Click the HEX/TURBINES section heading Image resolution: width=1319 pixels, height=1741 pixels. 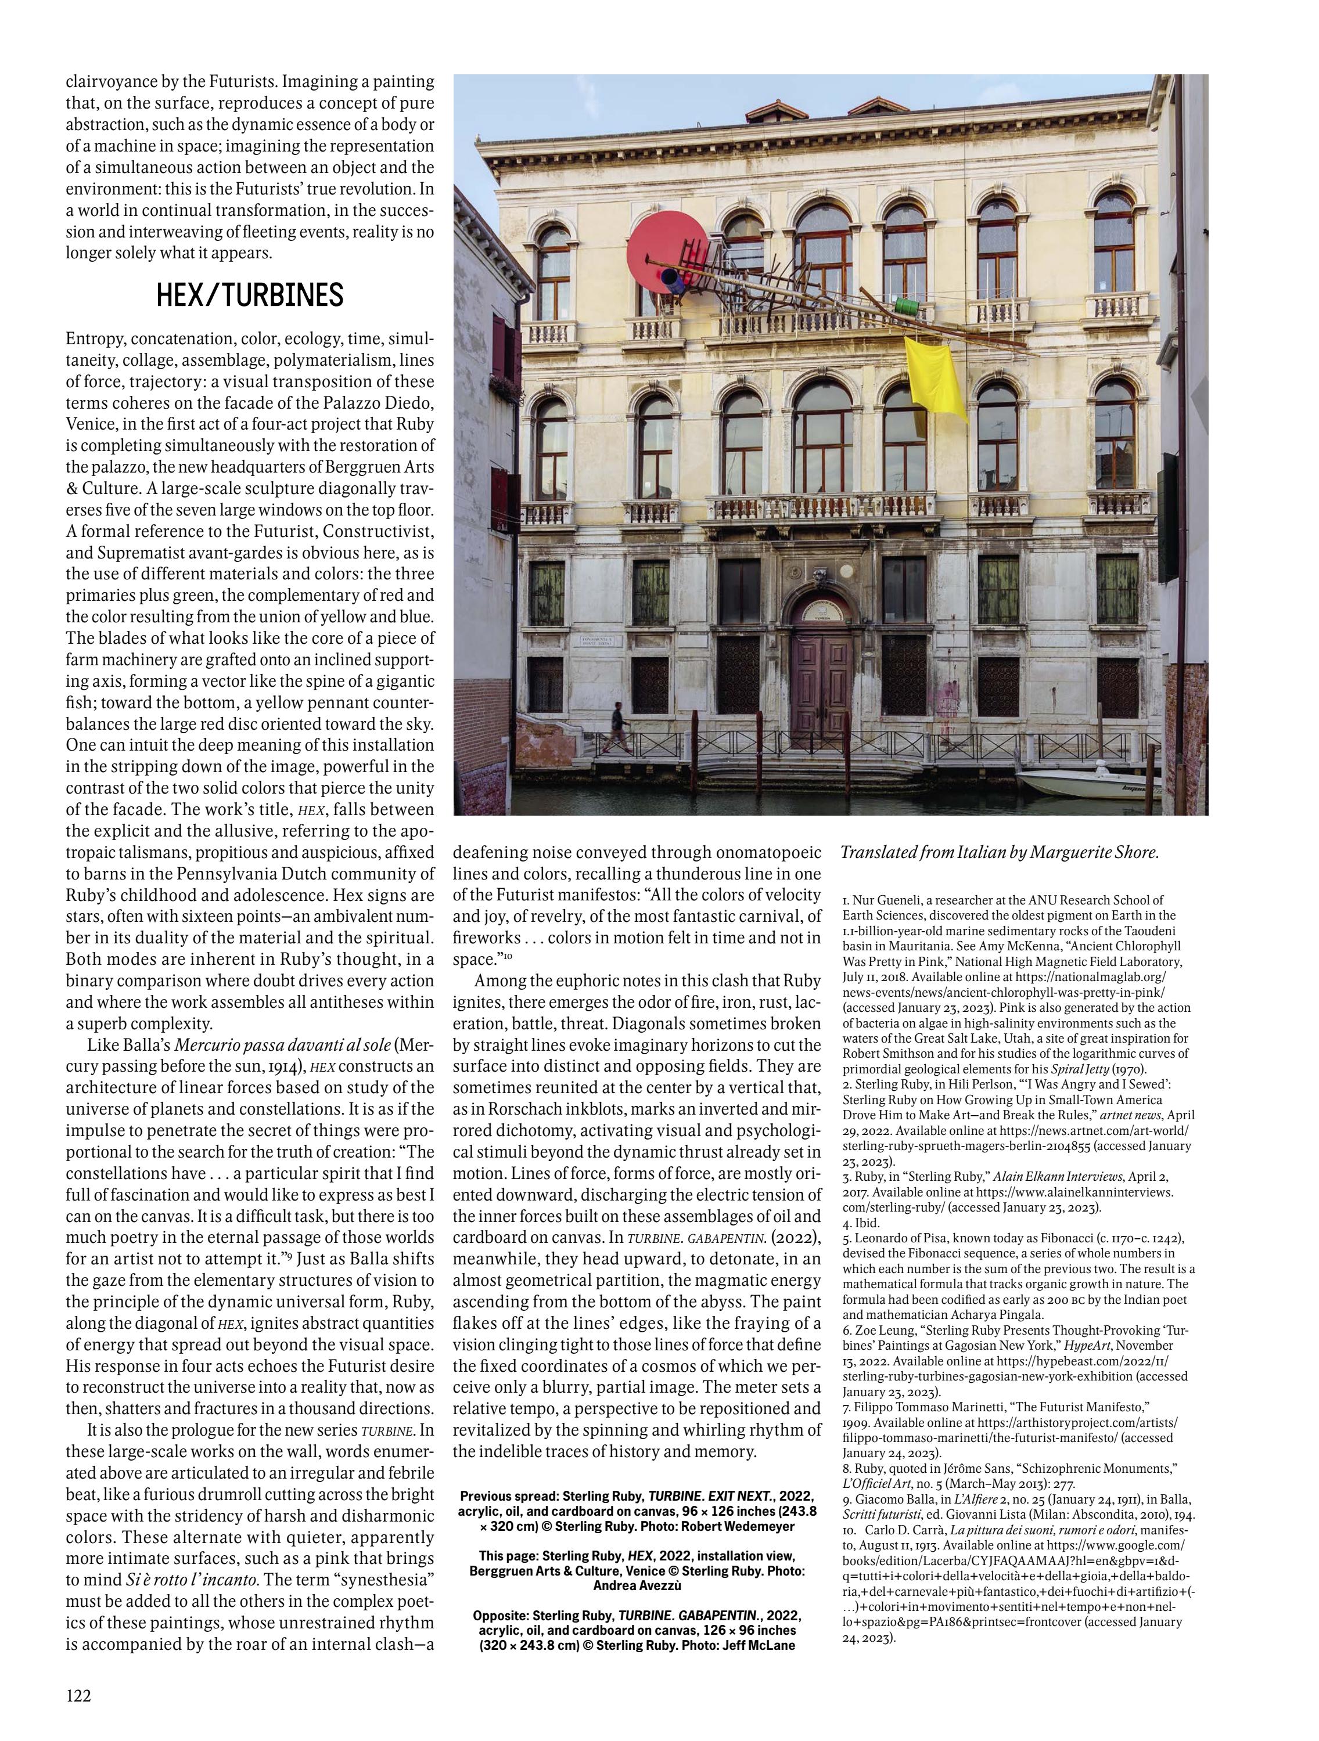(x=250, y=295)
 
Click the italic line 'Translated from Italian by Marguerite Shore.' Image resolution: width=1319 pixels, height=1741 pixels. (x=1000, y=852)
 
